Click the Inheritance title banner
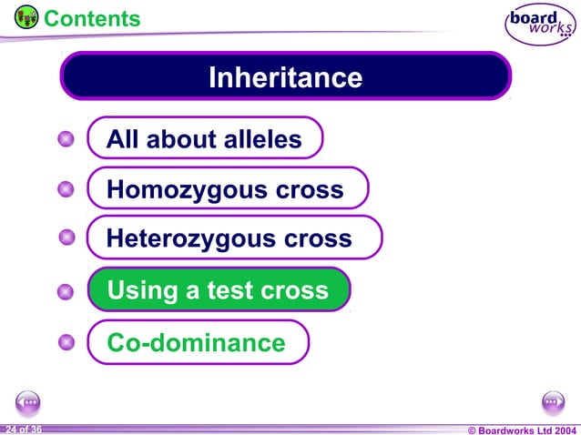point(285,76)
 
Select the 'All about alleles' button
point(205,139)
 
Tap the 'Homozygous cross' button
point(227,189)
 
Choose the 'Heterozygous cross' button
point(233,238)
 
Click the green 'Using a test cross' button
point(219,290)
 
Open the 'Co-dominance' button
point(198,343)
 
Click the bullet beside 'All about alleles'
point(65,139)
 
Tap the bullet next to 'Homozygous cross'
point(65,189)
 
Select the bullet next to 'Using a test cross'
point(65,292)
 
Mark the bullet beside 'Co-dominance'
point(65,343)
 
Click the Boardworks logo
point(538,24)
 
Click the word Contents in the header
point(92,18)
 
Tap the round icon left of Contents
point(26,16)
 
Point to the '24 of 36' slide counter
point(23,429)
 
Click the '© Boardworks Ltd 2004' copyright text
point(522,429)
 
